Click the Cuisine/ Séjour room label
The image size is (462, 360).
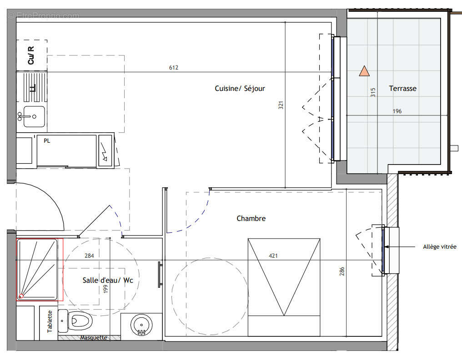240,88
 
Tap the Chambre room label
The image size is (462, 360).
251,218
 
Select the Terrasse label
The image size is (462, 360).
403,88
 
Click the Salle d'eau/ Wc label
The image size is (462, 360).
108,280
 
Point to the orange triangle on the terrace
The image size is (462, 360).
364,71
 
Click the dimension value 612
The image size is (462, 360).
174,67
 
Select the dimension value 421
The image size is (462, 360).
273,256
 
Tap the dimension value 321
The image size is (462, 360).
281,105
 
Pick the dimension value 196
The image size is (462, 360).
397,111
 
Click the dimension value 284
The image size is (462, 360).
89,256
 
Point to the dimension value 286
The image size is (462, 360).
342,271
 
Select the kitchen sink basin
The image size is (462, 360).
34,117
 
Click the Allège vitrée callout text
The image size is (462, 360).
440,247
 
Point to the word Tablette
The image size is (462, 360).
50,321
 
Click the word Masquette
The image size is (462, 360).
94,338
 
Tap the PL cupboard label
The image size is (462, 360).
47,141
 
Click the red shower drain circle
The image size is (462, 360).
21,296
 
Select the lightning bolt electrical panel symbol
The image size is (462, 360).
105,152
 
